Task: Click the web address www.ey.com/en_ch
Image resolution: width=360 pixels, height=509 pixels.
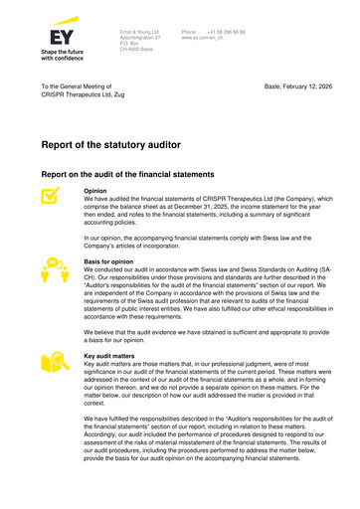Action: pyautogui.click(x=207, y=38)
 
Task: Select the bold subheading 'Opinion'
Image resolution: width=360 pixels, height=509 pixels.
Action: pyautogui.click(x=95, y=191)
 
